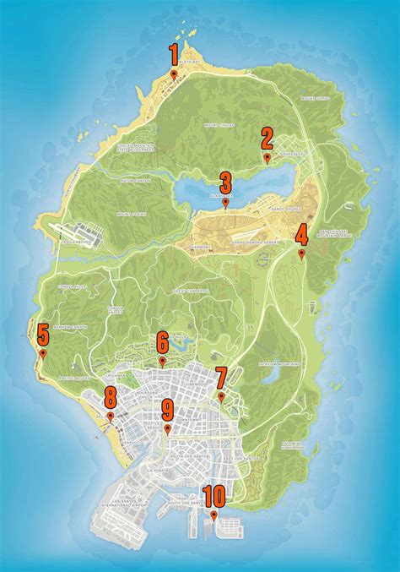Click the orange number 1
click(174, 55)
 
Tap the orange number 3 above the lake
click(225, 183)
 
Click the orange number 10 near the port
click(214, 495)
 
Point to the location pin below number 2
click(267, 158)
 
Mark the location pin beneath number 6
click(162, 362)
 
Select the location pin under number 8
click(110, 417)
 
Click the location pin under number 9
click(167, 430)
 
